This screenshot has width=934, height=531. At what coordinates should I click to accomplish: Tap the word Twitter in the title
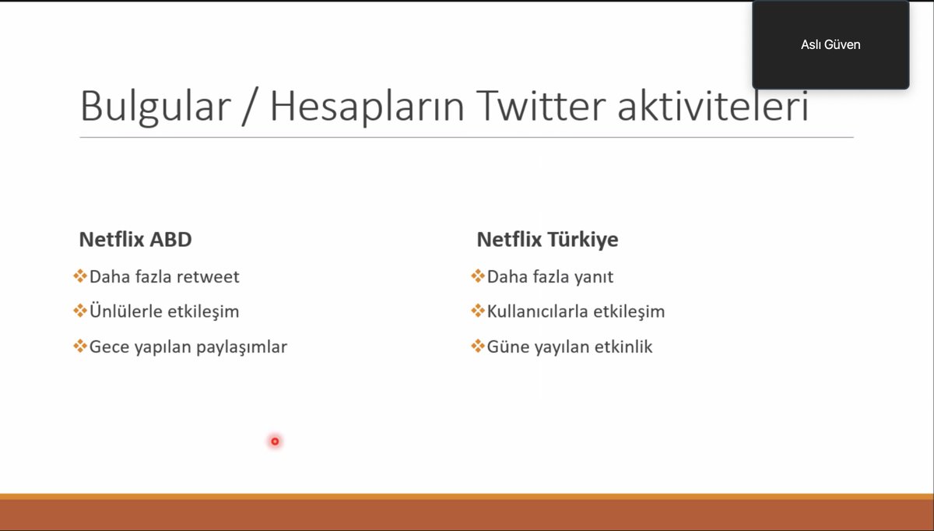tap(539, 106)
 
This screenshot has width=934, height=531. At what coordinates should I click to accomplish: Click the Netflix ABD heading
tap(135, 239)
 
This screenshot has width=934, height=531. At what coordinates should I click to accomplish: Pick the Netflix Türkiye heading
tap(547, 239)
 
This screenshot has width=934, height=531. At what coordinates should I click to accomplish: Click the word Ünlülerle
tap(126, 311)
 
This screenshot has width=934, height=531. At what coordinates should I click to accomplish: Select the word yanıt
tap(592, 276)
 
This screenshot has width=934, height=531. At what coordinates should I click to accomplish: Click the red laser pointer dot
tap(275, 441)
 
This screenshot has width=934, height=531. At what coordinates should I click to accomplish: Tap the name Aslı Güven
tap(830, 44)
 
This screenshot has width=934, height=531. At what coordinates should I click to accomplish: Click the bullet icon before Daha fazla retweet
tap(79, 276)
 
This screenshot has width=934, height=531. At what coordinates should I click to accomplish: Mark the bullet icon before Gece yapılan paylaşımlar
tap(79, 346)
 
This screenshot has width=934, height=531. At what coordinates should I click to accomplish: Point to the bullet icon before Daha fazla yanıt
tap(477, 276)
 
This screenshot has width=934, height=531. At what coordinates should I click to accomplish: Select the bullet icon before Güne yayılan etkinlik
tap(477, 346)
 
